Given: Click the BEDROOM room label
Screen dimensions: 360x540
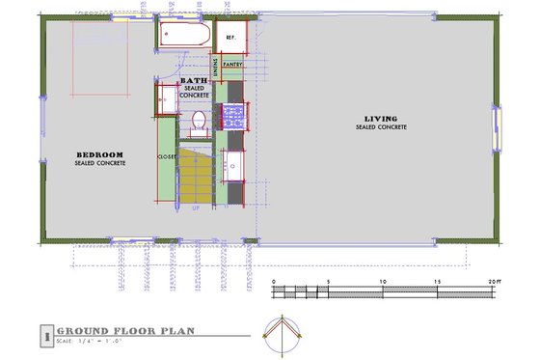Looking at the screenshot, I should coord(99,154).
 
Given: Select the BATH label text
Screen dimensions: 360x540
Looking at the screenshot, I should coord(194,81).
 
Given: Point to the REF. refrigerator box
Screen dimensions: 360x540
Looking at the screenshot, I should coord(231,37).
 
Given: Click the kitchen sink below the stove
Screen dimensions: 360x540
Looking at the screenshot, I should coord(234,167).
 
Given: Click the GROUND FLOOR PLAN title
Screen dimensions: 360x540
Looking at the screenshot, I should coord(125,330).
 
